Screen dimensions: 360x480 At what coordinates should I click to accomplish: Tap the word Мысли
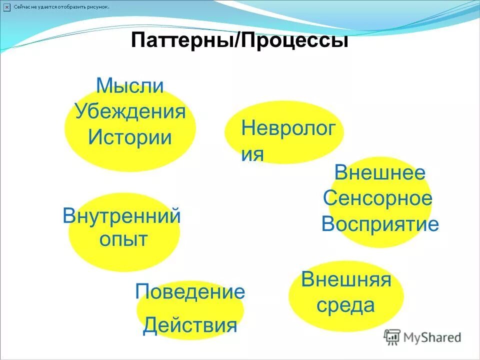point(130,85)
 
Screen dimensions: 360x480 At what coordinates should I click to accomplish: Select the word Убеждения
point(130,111)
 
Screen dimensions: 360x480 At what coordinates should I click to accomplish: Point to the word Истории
point(130,136)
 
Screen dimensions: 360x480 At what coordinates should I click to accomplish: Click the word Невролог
point(288,128)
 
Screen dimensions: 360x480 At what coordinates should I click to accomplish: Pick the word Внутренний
point(121,216)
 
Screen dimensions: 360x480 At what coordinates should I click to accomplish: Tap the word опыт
point(123,239)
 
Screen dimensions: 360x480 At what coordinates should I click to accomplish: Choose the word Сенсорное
point(377,198)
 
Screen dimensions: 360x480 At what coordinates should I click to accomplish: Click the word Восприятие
point(380,224)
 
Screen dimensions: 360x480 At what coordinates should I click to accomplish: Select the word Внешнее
point(380,173)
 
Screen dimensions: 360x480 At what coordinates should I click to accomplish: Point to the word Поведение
point(190,291)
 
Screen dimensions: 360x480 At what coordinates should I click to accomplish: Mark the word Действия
point(190,325)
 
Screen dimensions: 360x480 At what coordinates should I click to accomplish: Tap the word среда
point(345,304)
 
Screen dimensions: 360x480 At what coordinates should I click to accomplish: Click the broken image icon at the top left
point(6,7)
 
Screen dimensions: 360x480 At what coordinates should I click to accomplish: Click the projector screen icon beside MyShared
point(393,337)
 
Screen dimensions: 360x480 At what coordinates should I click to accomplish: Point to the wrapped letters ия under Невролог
point(252,154)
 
